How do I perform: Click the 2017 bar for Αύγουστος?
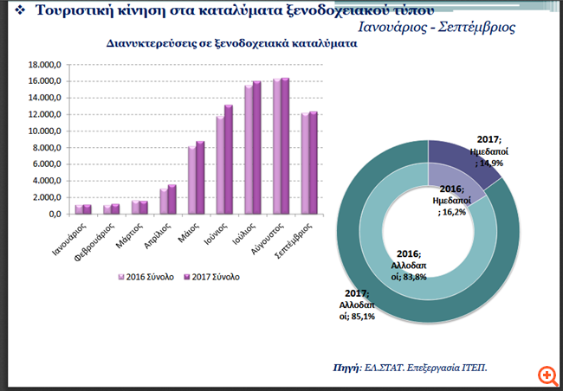click(x=286, y=146)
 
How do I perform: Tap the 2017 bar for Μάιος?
click(x=201, y=177)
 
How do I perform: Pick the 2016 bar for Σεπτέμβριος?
click(x=304, y=163)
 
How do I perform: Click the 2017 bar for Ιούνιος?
click(x=229, y=159)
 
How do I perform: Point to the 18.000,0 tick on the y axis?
click(x=44, y=65)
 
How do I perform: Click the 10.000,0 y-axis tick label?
click(x=44, y=131)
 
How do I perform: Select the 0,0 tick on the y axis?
click(x=53, y=214)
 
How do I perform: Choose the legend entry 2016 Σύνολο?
click(x=146, y=277)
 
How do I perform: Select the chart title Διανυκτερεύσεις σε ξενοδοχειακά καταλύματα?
click(x=232, y=42)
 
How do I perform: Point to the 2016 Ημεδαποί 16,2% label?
click(x=451, y=199)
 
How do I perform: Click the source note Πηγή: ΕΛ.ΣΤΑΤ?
click(x=411, y=368)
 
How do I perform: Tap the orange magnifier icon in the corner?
click(x=547, y=375)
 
